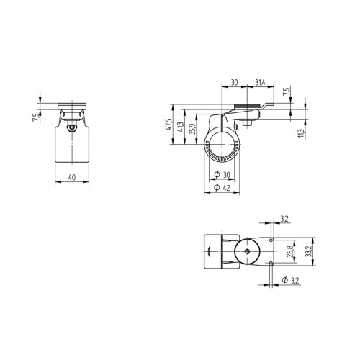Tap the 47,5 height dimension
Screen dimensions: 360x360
click(x=168, y=127)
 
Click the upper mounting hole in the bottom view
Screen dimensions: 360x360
click(x=270, y=239)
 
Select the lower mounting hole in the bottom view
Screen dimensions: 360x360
click(x=270, y=264)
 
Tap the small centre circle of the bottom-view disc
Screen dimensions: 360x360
click(x=247, y=252)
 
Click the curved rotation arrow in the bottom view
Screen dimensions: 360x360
click(x=210, y=252)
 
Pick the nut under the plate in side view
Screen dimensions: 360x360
click(x=247, y=120)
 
